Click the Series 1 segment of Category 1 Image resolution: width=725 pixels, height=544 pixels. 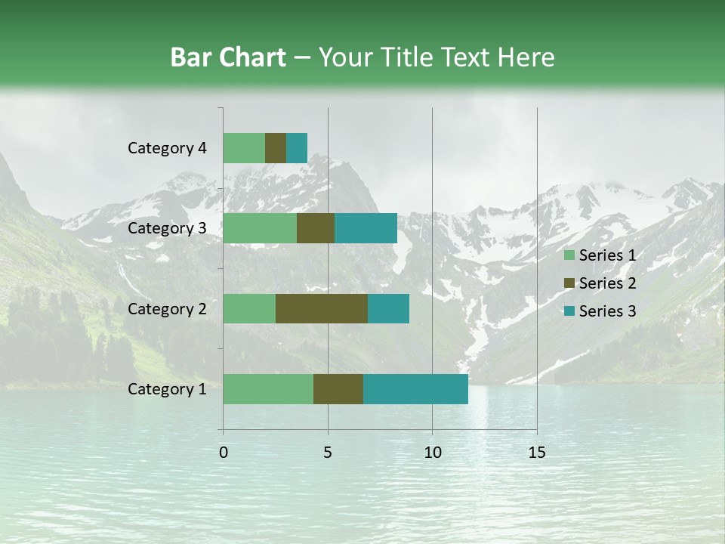[x=268, y=388]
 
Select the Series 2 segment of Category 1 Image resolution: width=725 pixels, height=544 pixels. [x=338, y=388]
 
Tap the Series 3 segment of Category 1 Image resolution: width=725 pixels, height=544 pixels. [x=415, y=388]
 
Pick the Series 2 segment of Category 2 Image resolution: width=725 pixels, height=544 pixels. [x=322, y=308]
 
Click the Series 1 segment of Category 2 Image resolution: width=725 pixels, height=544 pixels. [x=249, y=308]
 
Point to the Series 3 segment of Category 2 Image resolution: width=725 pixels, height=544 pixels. [x=388, y=308]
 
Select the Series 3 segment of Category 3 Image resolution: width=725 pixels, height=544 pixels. [x=366, y=228]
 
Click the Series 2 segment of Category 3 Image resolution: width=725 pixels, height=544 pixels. [x=316, y=228]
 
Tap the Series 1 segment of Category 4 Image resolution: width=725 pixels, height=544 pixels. [x=244, y=148]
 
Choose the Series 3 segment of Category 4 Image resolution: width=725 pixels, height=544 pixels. [x=297, y=148]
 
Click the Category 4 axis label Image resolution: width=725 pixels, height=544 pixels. [x=167, y=148]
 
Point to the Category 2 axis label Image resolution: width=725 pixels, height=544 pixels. [x=167, y=308]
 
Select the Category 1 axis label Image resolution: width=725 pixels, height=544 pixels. [x=167, y=389]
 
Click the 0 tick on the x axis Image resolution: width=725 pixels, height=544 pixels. [x=224, y=453]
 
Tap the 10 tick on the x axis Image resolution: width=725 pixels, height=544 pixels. [x=432, y=453]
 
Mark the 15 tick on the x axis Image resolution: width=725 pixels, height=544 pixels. [x=537, y=453]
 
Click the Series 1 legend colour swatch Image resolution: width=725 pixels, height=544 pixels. [x=569, y=255]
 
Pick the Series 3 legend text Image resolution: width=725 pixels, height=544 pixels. [x=607, y=311]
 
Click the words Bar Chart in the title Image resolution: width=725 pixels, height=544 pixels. [x=228, y=57]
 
